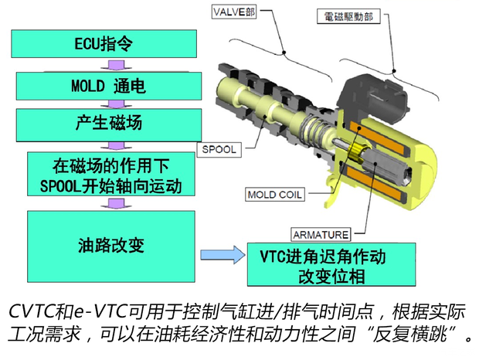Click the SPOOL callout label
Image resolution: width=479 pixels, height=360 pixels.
(x=221, y=148)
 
